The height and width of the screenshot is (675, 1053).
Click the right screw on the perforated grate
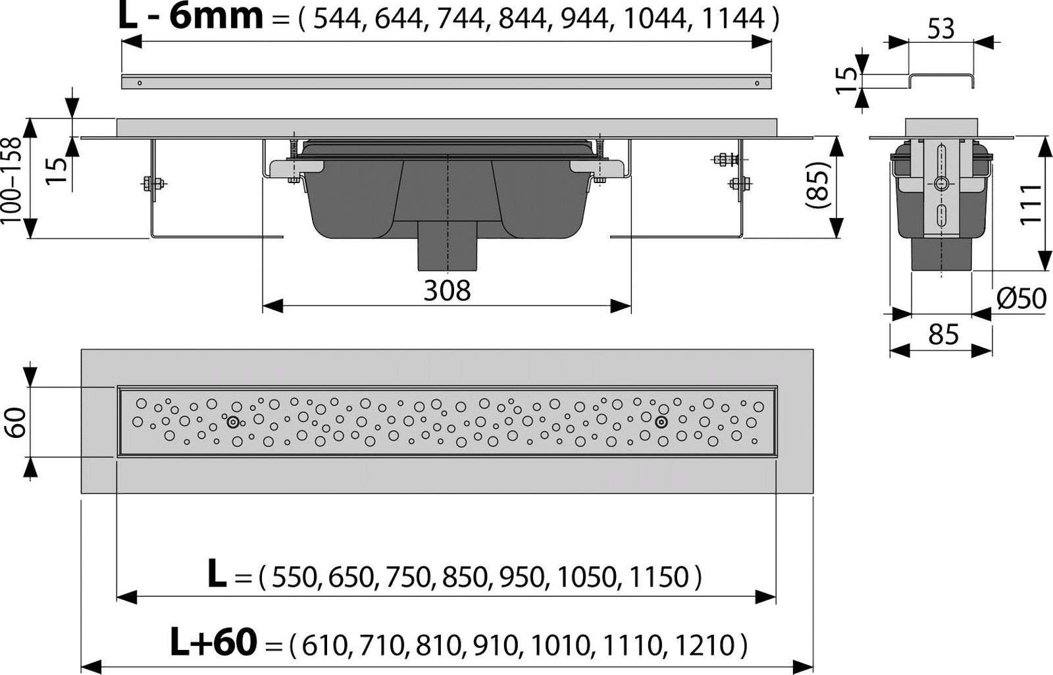pos(661,423)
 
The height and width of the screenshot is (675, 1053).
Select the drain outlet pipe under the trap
pos(448,245)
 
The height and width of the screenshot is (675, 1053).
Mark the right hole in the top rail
pos(758,82)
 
